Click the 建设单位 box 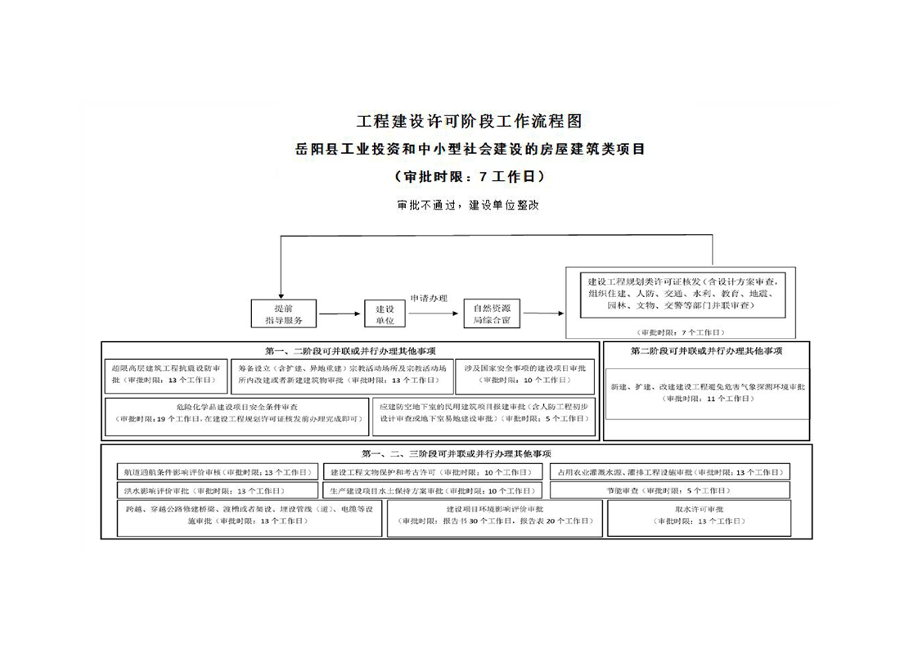385,314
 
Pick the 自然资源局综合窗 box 492,314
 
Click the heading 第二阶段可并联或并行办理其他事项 706,351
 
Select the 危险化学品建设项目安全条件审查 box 236,412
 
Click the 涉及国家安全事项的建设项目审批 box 524,374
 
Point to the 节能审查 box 668,490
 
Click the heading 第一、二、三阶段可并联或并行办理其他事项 457,453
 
